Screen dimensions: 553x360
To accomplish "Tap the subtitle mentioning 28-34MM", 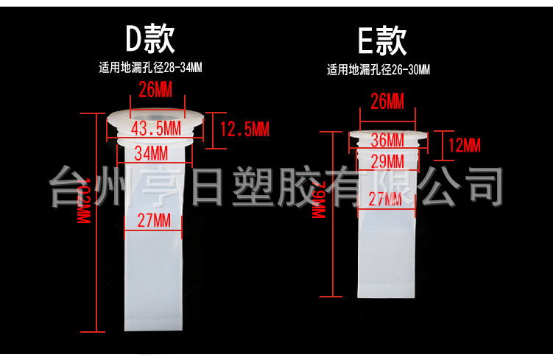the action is tap(150, 68).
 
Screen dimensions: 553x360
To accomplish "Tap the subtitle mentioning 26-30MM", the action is tap(378, 71).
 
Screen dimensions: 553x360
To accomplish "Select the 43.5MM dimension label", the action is tap(155, 128).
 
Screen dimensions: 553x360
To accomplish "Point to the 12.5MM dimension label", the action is tap(244, 130).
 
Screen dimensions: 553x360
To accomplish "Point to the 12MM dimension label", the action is tap(464, 144).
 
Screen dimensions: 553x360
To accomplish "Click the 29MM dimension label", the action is tap(387, 160).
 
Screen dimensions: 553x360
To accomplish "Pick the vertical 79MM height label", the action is tap(319, 201).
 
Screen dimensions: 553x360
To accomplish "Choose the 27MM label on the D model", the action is tap(153, 220).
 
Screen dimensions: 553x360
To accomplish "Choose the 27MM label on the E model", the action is tap(387, 199).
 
